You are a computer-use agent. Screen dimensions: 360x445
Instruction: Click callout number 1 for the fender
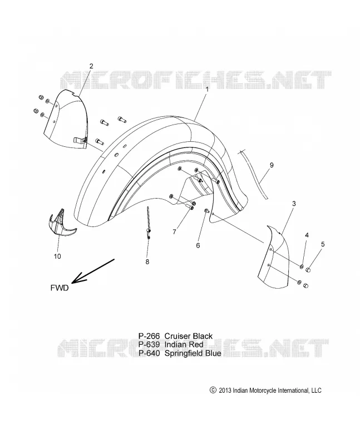(x=207, y=89)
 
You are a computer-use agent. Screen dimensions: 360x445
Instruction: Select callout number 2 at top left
(x=91, y=66)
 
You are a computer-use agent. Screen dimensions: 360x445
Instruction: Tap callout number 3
(x=294, y=204)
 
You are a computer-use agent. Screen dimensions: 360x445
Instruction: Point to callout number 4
(x=307, y=235)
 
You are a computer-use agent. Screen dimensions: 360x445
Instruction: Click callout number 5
(x=323, y=244)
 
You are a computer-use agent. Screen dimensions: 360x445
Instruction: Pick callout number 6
(x=198, y=245)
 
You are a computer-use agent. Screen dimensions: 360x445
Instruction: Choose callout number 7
(x=174, y=232)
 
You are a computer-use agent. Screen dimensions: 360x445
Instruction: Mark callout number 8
(x=147, y=261)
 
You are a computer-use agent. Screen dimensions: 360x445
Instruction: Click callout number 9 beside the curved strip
(x=272, y=165)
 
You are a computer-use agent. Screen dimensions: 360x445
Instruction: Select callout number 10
(x=57, y=256)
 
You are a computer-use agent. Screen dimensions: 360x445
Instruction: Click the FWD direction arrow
(x=93, y=271)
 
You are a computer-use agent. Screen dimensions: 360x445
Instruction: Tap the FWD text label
(x=60, y=288)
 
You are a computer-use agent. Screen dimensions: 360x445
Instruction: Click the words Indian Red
(x=184, y=344)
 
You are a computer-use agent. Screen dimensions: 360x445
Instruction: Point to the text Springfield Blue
(x=193, y=353)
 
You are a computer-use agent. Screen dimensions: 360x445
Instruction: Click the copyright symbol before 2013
(x=213, y=390)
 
